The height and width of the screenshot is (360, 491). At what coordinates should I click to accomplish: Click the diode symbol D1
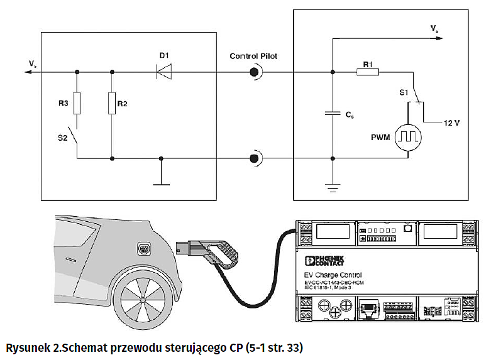tap(164, 72)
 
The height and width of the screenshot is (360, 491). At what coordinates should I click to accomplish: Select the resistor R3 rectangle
tap(77, 103)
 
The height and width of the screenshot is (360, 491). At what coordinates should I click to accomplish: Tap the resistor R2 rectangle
tap(111, 103)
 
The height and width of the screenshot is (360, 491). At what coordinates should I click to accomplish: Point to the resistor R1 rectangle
tap(368, 72)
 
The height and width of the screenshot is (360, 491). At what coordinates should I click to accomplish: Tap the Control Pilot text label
tap(253, 56)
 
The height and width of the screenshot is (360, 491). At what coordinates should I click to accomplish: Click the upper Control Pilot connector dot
tap(254, 72)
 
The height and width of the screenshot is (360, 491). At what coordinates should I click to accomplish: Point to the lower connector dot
tap(254, 158)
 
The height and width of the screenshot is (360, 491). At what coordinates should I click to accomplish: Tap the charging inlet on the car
tap(144, 251)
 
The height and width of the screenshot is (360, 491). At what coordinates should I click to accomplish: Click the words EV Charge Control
tap(333, 275)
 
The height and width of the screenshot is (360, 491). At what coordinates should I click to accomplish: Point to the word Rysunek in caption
tap(28, 347)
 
